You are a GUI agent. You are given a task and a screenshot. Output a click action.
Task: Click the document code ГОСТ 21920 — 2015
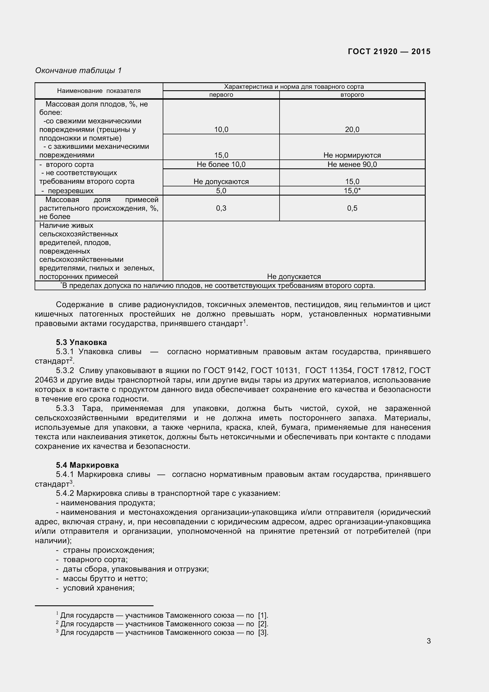click(389, 51)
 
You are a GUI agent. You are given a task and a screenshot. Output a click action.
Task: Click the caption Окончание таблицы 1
click(78, 70)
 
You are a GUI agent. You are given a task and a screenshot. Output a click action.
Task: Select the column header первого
click(221, 95)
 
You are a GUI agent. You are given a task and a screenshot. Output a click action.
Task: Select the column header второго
click(352, 95)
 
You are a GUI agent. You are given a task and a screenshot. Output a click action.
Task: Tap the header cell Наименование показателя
click(99, 91)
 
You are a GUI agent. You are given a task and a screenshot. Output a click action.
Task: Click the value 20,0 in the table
click(352, 130)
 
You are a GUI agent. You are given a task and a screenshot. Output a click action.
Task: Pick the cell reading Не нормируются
click(352, 155)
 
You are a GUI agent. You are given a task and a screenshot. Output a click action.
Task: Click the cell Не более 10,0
click(221, 164)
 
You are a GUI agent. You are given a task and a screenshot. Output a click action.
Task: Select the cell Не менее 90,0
click(352, 164)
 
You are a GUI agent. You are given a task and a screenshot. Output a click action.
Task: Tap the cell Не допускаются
click(221, 181)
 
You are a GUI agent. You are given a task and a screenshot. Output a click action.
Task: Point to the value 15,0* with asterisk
click(352, 191)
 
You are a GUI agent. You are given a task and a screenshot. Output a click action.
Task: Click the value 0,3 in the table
click(221, 208)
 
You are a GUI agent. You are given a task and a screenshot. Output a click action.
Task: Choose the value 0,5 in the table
click(352, 208)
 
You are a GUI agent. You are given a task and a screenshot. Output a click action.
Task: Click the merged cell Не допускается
click(294, 276)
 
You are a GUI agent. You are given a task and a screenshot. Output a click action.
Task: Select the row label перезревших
click(70, 191)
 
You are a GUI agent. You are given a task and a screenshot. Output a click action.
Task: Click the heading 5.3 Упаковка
click(81, 342)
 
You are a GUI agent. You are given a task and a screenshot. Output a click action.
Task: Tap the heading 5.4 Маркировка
click(87, 465)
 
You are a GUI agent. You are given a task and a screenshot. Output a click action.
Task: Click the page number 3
click(428, 641)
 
